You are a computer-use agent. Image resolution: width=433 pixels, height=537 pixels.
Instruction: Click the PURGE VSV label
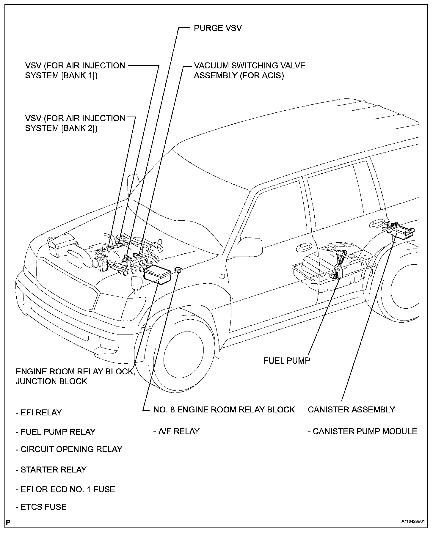(218, 28)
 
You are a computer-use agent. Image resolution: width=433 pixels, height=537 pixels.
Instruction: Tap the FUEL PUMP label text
(287, 360)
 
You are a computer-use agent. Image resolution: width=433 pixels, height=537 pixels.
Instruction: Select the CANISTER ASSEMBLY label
(351, 409)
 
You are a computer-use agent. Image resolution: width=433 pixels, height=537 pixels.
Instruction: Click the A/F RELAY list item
(176, 431)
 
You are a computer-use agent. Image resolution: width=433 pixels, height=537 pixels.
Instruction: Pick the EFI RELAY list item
(39, 412)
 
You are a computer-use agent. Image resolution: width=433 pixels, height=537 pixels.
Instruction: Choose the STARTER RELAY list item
(51, 470)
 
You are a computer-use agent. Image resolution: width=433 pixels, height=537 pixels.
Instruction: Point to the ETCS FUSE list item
(41, 507)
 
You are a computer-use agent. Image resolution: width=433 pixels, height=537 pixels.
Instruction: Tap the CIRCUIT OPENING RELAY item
(69, 449)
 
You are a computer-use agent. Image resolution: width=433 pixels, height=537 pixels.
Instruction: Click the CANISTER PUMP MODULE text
(363, 431)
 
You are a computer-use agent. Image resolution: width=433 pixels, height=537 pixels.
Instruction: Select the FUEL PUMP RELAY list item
(55, 431)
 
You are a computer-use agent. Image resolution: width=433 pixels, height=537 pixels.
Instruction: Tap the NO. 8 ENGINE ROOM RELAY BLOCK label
(224, 409)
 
